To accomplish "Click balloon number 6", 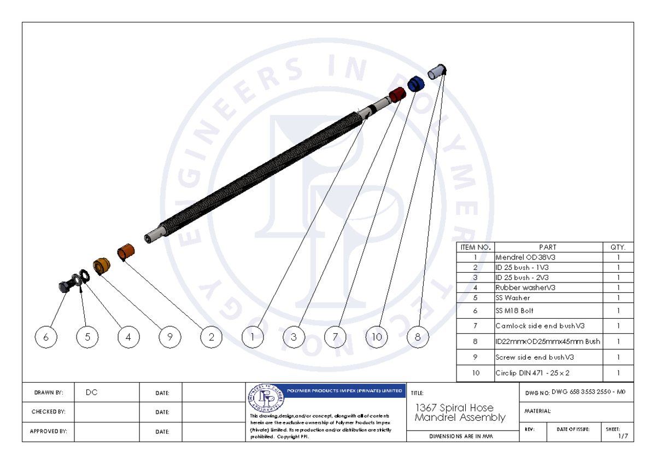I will [x=46, y=337].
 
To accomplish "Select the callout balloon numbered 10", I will [x=377, y=337].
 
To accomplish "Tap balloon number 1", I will [x=253, y=337].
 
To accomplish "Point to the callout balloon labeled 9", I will [x=170, y=337].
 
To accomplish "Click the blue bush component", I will [x=416, y=84].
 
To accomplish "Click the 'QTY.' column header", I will [x=617, y=247].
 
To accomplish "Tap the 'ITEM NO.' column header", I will [x=475, y=247].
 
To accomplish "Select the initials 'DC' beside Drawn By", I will [x=92, y=392].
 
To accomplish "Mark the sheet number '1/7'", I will [x=622, y=436].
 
